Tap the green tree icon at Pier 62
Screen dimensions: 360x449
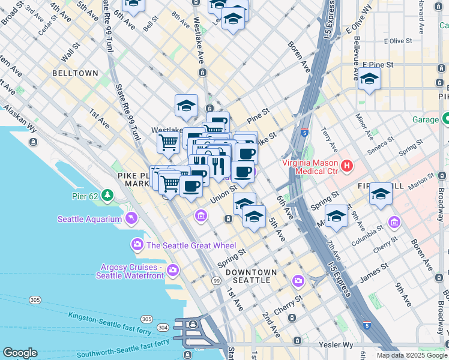[107, 195]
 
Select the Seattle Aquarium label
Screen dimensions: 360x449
[89, 219]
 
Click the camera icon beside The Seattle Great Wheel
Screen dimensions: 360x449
[137, 245]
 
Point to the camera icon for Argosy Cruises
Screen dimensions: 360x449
[173, 270]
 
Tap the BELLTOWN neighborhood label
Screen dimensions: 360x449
[75, 73]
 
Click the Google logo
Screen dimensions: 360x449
[20, 353]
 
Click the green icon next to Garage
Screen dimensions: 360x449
[446, 119]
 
